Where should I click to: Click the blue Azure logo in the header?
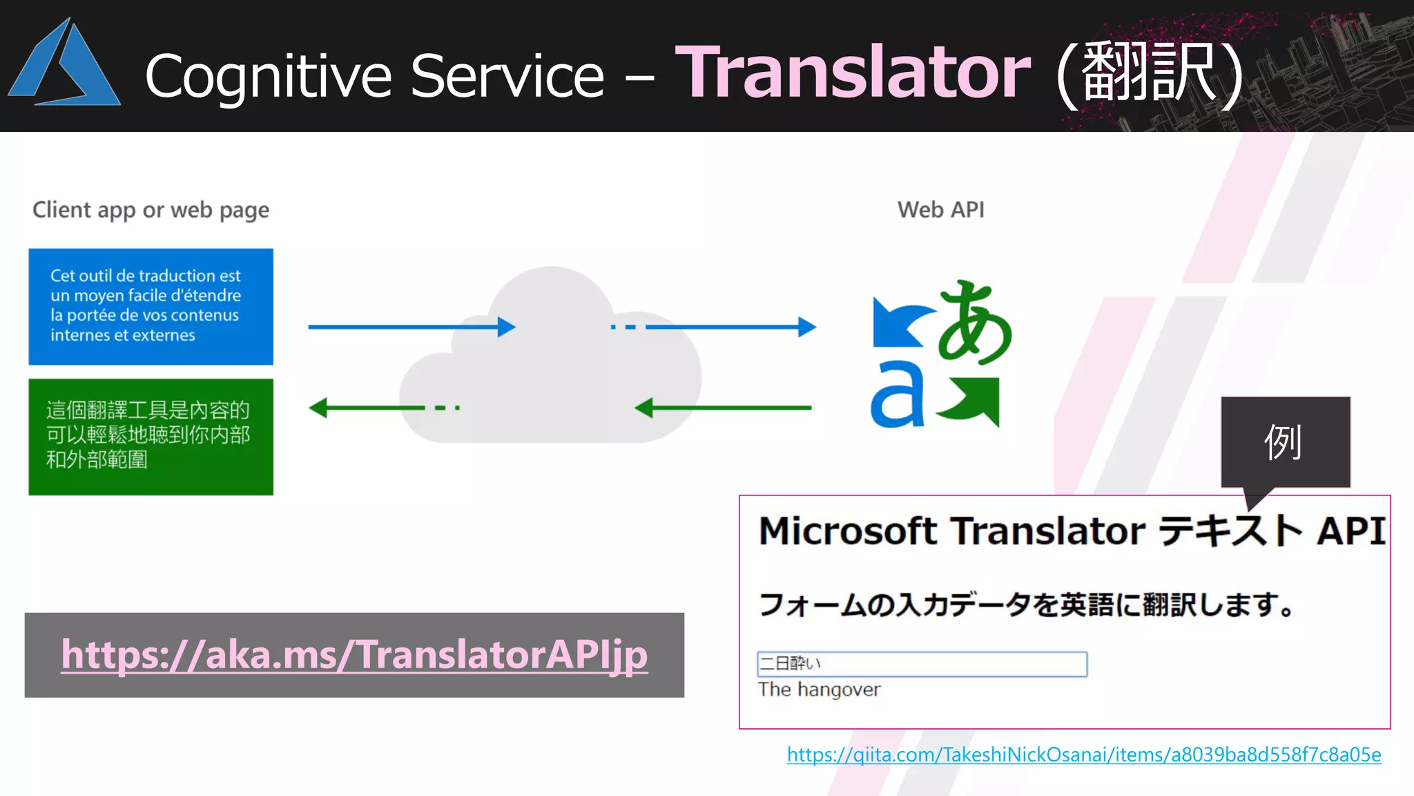tap(66, 66)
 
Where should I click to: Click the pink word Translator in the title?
tap(853, 73)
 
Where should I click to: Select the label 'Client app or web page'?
tap(151, 209)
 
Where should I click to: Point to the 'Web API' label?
tap(940, 209)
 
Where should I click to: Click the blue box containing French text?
tap(151, 306)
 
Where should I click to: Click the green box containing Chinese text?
tap(151, 437)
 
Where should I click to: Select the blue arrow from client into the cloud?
tap(411, 326)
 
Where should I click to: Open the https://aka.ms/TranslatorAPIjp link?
tap(354, 654)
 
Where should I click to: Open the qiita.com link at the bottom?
tap(1084, 755)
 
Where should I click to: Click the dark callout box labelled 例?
tap(1284, 442)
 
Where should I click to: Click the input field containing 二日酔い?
tap(922, 664)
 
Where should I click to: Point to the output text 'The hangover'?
tap(819, 690)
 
